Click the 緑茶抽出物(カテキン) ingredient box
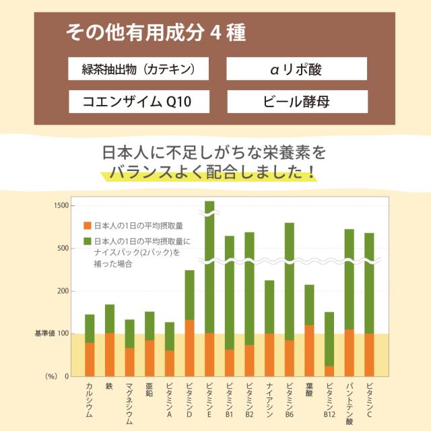[139, 69]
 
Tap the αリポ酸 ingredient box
[297, 69]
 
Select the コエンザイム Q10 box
[139, 102]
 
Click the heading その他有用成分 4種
[156, 32]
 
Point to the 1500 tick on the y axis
[61, 205]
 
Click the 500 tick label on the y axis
[62, 248]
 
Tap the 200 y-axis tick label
[62, 291]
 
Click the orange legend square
[87, 226]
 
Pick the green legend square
[87, 241]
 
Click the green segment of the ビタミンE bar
[209, 269]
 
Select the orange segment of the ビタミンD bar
[189, 347]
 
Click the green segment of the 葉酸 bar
[309, 304]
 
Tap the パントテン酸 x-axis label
[350, 403]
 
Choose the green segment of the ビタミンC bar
[369, 283]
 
